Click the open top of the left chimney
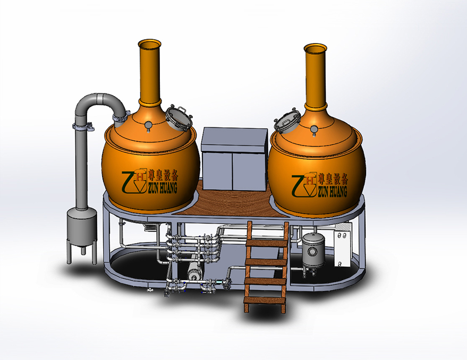pos(149,44)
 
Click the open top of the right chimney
pos(316,48)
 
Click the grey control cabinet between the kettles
pos(234,159)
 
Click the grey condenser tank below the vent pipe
pos(82,227)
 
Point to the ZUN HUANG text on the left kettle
pos(161,187)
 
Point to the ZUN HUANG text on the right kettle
pos(332,192)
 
